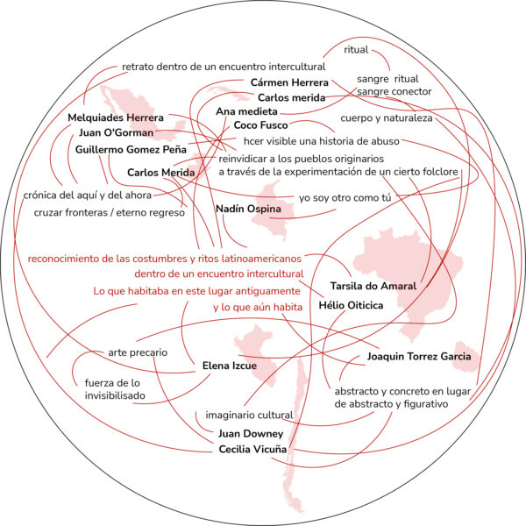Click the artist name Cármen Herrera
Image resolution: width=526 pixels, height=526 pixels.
coord(289,82)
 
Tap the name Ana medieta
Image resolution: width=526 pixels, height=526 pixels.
coord(246,111)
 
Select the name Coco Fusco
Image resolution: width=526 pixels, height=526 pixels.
coord(260,125)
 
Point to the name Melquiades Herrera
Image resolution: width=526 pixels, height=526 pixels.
coord(116,117)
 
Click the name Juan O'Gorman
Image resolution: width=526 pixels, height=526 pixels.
coord(116,132)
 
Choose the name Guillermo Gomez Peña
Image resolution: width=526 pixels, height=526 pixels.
coord(131,149)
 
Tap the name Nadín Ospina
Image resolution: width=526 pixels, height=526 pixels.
coord(248,209)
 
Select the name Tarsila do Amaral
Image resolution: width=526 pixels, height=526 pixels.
coord(373,286)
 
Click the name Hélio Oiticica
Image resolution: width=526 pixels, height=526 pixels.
coord(351,305)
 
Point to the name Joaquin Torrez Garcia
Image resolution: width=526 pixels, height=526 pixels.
coord(419,356)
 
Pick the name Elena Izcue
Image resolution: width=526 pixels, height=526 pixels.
coord(230,366)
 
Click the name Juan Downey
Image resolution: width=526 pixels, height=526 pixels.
coord(251,434)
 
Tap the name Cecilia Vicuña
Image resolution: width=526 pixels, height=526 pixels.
coord(252,449)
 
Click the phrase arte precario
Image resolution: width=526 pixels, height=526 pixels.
coord(138,352)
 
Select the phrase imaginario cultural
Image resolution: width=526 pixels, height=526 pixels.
coord(249,416)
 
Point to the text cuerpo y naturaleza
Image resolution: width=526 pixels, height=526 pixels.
coord(387,118)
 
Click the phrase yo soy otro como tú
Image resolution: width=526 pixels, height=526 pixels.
coord(345,198)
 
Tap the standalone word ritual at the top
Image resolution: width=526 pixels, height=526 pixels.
coord(356,50)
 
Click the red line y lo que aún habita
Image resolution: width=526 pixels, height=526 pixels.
coord(258,308)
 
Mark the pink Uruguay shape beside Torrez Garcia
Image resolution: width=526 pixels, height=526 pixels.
coord(466,358)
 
